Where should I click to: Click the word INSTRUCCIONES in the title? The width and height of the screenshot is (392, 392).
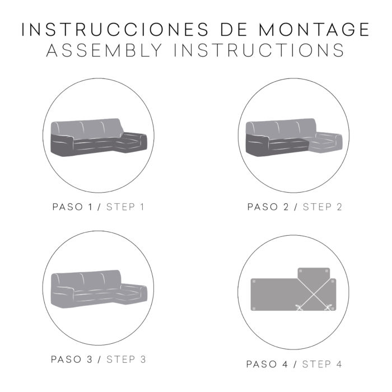tap(115, 30)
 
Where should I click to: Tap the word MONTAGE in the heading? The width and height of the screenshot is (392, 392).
tap(314, 30)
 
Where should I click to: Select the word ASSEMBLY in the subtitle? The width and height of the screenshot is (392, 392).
tap(104, 50)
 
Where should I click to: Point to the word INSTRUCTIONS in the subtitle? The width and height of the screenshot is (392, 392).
tap(259, 50)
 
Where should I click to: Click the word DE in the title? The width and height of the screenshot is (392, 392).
tap(234, 30)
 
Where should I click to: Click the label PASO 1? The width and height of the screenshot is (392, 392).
tap(72, 207)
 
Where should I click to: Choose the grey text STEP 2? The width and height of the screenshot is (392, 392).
tap(322, 207)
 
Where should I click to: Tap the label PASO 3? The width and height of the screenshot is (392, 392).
tap(72, 360)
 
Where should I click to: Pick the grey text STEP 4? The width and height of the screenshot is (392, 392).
tap(322, 364)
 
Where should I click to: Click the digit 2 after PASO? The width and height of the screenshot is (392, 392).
tap(286, 207)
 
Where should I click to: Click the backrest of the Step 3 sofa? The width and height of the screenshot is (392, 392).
tap(87, 280)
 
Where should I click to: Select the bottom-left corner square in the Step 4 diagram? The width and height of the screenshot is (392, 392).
tap(254, 309)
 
